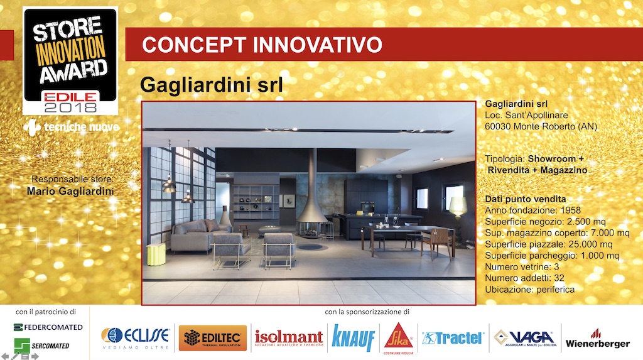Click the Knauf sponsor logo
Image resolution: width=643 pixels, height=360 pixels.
(x=353, y=338)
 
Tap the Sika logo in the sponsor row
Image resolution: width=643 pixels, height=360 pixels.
(x=398, y=337)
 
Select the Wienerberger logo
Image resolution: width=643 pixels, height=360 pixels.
(x=598, y=339)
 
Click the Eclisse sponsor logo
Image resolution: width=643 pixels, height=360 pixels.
(x=135, y=337)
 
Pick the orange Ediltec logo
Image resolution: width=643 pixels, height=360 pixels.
(x=213, y=338)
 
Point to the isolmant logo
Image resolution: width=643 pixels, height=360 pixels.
(x=289, y=338)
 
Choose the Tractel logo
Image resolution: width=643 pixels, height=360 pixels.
(x=453, y=338)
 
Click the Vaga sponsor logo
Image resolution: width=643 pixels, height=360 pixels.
(x=526, y=338)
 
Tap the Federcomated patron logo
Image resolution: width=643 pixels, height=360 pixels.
(x=48, y=327)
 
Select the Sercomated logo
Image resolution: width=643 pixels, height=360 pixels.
(x=41, y=346)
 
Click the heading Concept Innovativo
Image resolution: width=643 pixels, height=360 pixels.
(x=262, y=45)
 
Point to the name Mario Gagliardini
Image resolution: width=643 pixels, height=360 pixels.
(x=70, y=191)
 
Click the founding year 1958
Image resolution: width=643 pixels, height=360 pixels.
(x=570, y=210)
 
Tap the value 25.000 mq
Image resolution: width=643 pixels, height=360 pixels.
(x=589, y=244)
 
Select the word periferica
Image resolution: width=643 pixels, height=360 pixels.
(x=556, y=290)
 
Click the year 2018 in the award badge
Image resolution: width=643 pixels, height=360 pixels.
(x=70, y=107)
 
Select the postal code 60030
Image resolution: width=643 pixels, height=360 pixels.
(x=498, y=126)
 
